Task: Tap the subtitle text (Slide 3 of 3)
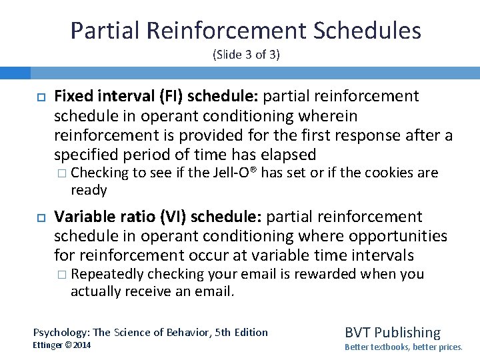click(x=246, y=55)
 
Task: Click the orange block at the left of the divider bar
click(x=15, y=73)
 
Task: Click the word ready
click(x=89, y=191)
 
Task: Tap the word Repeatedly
click(x=107, y=274)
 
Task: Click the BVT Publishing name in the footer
click(x=392, y=333)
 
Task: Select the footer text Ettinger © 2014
click(x=62, y=345)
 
